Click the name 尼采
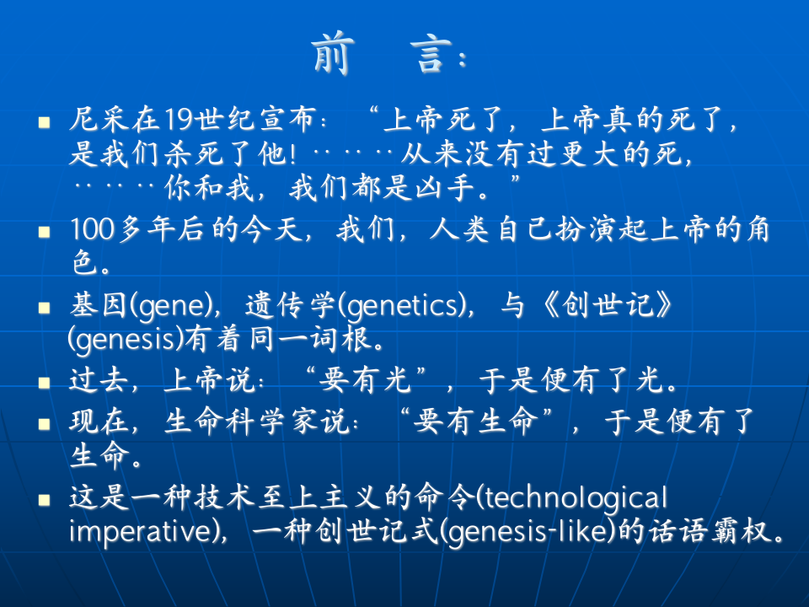(99, 121)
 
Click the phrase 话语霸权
(726, 534)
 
